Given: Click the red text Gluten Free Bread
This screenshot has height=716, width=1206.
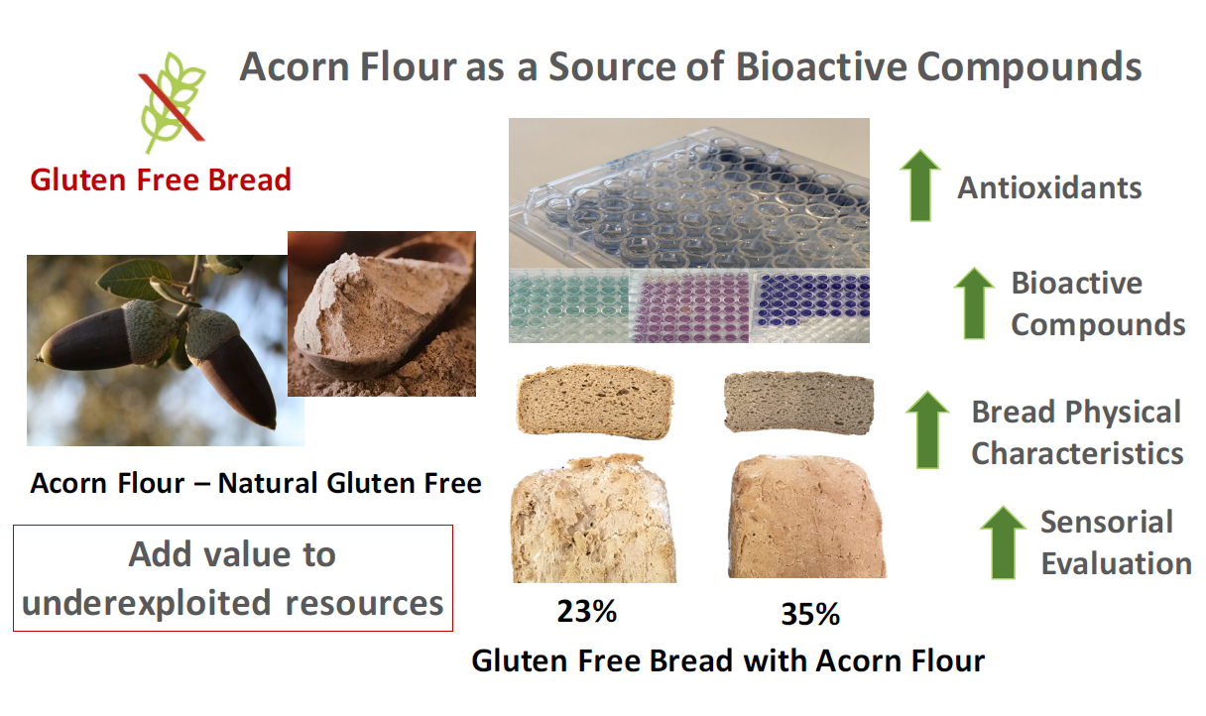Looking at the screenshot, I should [x=161, y=179].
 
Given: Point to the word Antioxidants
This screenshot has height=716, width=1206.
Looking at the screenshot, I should [x=1049, y=187].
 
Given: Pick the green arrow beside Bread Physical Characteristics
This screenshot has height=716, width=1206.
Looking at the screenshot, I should [x=928, y=428].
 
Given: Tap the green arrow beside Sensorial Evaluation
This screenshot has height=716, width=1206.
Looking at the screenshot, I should [x=1003, y=541].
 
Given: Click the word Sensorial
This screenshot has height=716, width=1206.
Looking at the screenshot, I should [x=1106, y=522].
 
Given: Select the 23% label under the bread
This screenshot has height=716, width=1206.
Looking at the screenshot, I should [x=586, y=611].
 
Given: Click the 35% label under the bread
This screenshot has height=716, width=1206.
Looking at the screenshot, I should [x=809, y=614].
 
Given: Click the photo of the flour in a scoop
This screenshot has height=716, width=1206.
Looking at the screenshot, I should [x=382, y=313].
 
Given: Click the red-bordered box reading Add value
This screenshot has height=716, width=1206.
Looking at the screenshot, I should [x=233, y=578].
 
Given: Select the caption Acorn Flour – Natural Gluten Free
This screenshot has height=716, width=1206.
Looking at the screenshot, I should [x=256, y=483].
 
